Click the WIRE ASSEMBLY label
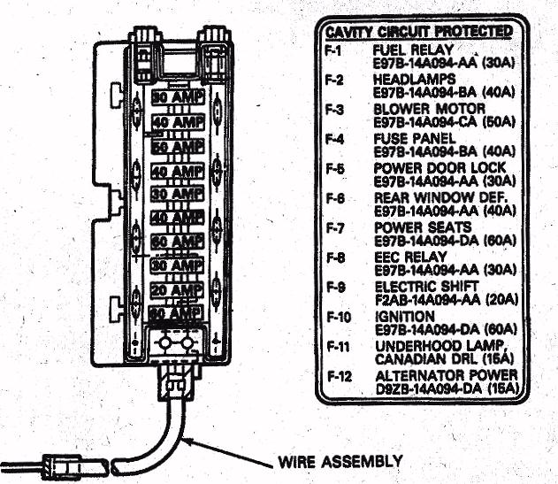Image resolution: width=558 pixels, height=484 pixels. pyautogui.click(x=340, y=462)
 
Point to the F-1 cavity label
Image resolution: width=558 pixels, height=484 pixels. pyautogui.click(x=333, y=50)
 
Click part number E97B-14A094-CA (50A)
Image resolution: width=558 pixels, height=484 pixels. pyautogui.click(x=439, y=121)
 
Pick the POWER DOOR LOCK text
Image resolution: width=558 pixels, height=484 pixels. pyautogui.click(x=429, y=168)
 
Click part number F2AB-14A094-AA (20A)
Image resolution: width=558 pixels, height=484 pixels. pyautogui.click(x=438, y=299)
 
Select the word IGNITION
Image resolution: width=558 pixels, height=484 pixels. pyautogui.click(x=404, y=317)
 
